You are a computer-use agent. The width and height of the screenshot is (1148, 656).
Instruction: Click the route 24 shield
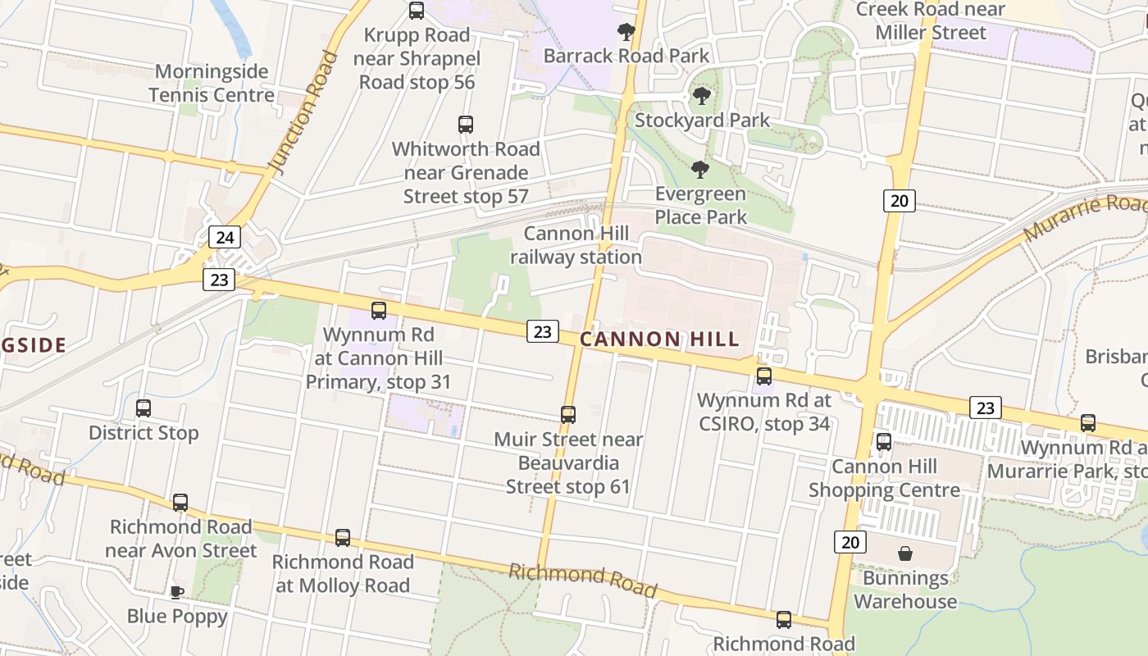pyautogui.click(x=225, y=238)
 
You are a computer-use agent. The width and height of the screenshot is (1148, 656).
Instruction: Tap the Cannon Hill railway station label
pyautogui.click(x=576, y=245)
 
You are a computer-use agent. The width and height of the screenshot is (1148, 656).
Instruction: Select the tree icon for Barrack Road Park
pyautogui.click(x=626, y=33)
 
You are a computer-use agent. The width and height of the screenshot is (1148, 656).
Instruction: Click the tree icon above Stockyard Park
pyautogui.click(x=701, y=97)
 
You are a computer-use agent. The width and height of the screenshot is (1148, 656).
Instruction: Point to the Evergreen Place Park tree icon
pyautogui.click(x=700, y=170)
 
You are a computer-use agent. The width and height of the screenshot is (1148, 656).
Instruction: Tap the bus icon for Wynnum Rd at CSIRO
pyautogui.click(x=764, y=376)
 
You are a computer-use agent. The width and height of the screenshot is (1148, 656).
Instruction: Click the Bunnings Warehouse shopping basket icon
pyautogui.click(x=904, y=554)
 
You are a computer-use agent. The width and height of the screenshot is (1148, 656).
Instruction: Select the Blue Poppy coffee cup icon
pyautogui.click(x=177, y=592)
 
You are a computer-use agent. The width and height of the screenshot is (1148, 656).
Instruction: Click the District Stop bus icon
pyautogui.click(x=143, y=408)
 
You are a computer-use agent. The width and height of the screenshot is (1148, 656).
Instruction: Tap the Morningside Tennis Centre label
pyautogui.click(x=212, y=83)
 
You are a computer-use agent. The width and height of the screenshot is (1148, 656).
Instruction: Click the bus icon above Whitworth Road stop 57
pyautogui.click(x=466, y=125)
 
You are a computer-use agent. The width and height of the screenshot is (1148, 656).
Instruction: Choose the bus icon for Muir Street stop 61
pyautogui.click(x=568, y=415)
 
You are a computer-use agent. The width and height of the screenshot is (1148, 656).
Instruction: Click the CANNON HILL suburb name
pyautogui.click(x=660, y=339)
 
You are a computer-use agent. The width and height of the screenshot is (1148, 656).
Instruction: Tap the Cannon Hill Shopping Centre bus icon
pyautogui.click(x=884, y=442)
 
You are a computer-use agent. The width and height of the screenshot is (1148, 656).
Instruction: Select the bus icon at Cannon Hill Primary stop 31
pyautogui.click(x=379, y=311)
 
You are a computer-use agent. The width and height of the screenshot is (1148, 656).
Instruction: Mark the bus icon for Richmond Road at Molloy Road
pyautogui.click(x=343, y=538)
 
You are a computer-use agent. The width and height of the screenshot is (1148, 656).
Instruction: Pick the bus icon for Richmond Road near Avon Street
pyautogui.click(x=180, y=503)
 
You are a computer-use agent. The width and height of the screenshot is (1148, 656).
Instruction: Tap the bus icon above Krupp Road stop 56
pyautogui.click(x=417, y=11)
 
